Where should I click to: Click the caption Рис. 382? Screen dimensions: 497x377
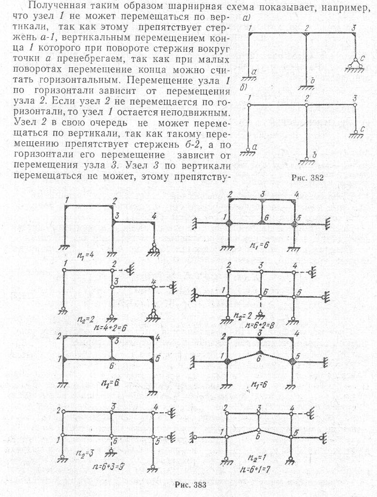click(x=307, y=178)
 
